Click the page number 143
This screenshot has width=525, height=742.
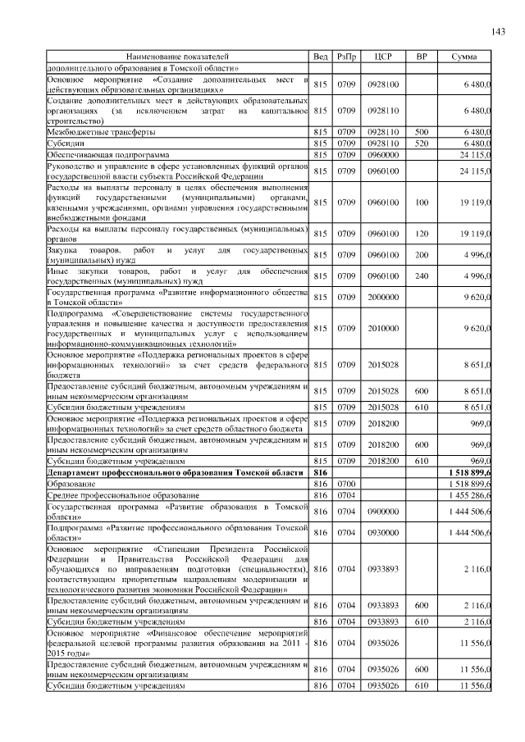[x=496, y=31]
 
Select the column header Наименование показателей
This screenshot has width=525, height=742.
[x=177, y=57]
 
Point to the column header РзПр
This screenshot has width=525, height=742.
[x=346, y=57]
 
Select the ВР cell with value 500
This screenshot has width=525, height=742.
[x=421, y=131]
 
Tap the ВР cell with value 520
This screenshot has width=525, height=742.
[x=421, y=143]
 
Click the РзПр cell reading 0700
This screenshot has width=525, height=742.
[x=346, y=485]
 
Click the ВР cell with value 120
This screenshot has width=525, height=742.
[x=421, y=233]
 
